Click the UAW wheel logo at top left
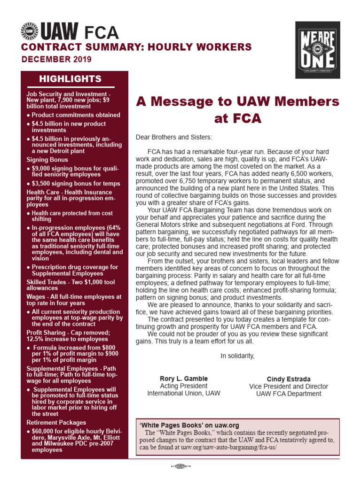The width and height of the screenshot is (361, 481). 29,32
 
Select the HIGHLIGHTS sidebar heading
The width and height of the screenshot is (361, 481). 70,78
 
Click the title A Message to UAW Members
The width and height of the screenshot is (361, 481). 237,101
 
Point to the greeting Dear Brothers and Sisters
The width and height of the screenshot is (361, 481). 174,137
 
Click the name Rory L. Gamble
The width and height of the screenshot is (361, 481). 183,379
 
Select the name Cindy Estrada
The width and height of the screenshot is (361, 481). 289,379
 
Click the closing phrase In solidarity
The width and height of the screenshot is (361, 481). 237,356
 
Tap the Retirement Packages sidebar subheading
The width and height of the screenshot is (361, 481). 56,422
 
